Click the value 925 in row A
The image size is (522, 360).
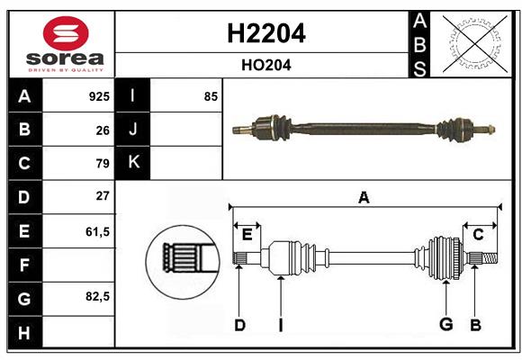98,96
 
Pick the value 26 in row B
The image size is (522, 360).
102,130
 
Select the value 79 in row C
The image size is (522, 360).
102,164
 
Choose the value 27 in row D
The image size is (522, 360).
102,196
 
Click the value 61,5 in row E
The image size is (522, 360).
97,231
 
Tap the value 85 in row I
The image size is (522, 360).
211,96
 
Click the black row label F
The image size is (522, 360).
24,265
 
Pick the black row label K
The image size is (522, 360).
133,163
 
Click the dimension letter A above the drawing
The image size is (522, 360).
364,198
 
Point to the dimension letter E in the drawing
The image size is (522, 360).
247,235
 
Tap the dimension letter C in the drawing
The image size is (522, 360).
478,235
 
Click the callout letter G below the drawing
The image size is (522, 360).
445,325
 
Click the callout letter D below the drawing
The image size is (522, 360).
239,325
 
